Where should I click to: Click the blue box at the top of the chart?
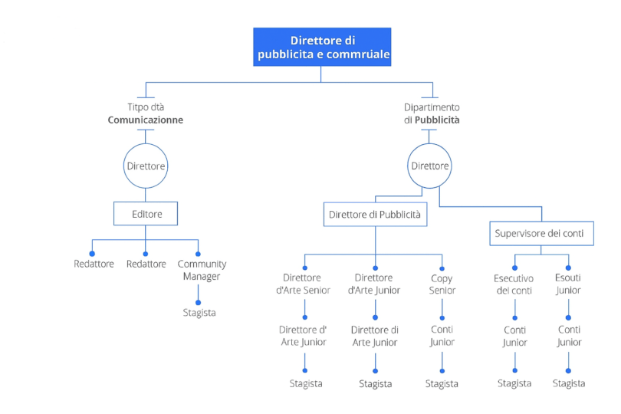point(322,47)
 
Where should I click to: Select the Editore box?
point(146,214)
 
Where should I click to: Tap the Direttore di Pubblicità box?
point(375,215)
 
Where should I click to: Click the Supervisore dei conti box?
point(541,233)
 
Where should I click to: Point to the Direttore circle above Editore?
point(146,166)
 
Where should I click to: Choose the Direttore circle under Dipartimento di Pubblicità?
point(429,166)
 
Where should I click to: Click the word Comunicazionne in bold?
point(146,120)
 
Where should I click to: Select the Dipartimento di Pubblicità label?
point(432,114)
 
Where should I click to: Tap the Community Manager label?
point(202,270)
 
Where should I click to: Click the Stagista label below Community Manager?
point(199,313)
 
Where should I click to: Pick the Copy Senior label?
point(442,284)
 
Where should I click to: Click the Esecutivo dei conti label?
point(514,284)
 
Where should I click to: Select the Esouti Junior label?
point(568,284)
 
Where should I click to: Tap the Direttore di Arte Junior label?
point(375,336)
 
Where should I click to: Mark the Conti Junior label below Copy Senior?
point(442,336)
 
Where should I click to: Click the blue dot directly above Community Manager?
point(199,253)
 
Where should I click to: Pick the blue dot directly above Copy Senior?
point(443,255)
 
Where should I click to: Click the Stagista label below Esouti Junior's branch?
point(569,383)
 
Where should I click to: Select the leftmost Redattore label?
point(94,264)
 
